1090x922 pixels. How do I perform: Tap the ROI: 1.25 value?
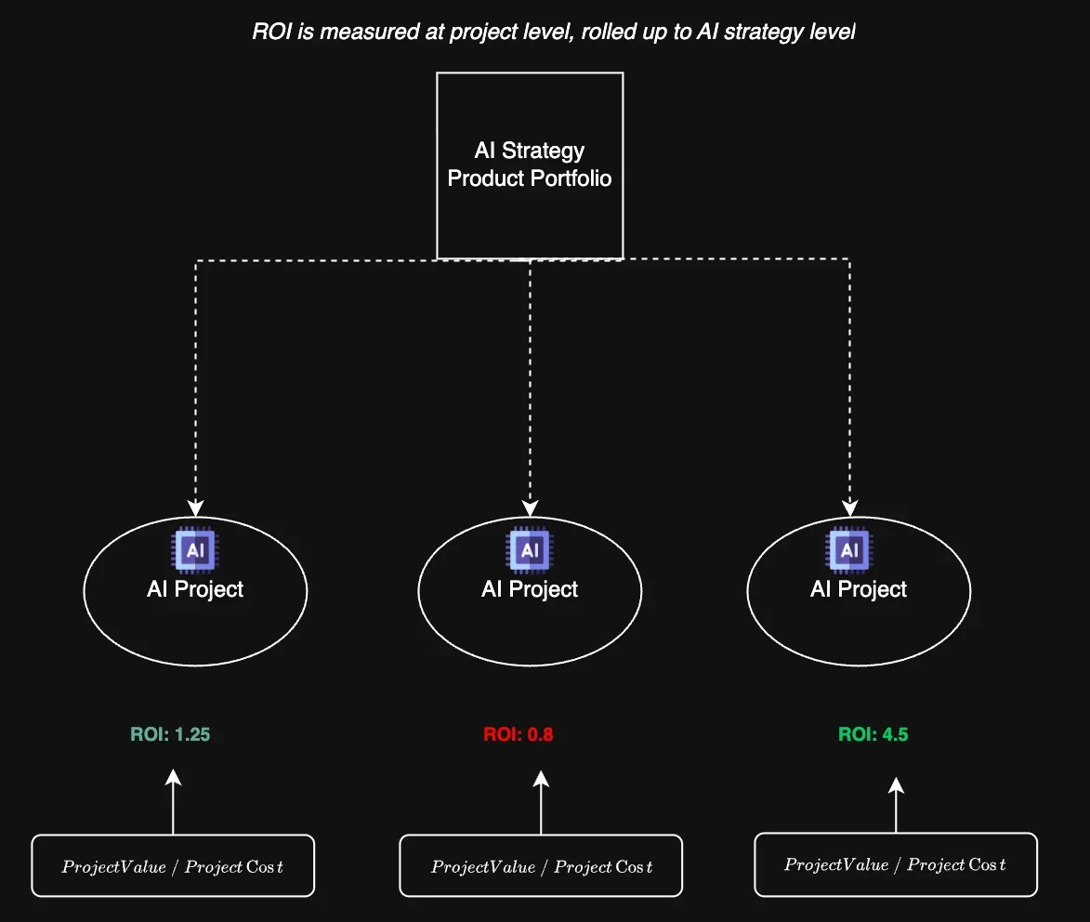pos(170,734)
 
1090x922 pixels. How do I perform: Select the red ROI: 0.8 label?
pos(519,734)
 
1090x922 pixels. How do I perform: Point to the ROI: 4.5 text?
pos(873,734)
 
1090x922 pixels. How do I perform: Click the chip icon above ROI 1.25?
pos(195,549)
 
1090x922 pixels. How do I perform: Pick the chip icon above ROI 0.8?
pos(530,549)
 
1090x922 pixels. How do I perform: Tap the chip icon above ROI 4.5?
pos(849,549)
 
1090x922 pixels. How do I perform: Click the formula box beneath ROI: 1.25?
pos(173,866)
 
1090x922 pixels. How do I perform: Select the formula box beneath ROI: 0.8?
pos(541,866)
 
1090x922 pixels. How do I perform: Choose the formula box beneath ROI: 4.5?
pos(896,864)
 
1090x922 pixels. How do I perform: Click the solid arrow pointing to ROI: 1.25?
pos(173,801)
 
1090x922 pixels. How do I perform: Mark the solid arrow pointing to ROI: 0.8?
pos(541,801)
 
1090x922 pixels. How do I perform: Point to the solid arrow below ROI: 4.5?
pos(896,805)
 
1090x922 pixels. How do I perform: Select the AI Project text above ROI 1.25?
pos(195,589)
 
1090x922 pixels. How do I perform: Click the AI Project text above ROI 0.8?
pos(530,589)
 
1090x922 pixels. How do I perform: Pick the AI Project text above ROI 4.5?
pos(859,589)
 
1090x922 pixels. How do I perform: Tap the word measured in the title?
pos(363,33)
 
